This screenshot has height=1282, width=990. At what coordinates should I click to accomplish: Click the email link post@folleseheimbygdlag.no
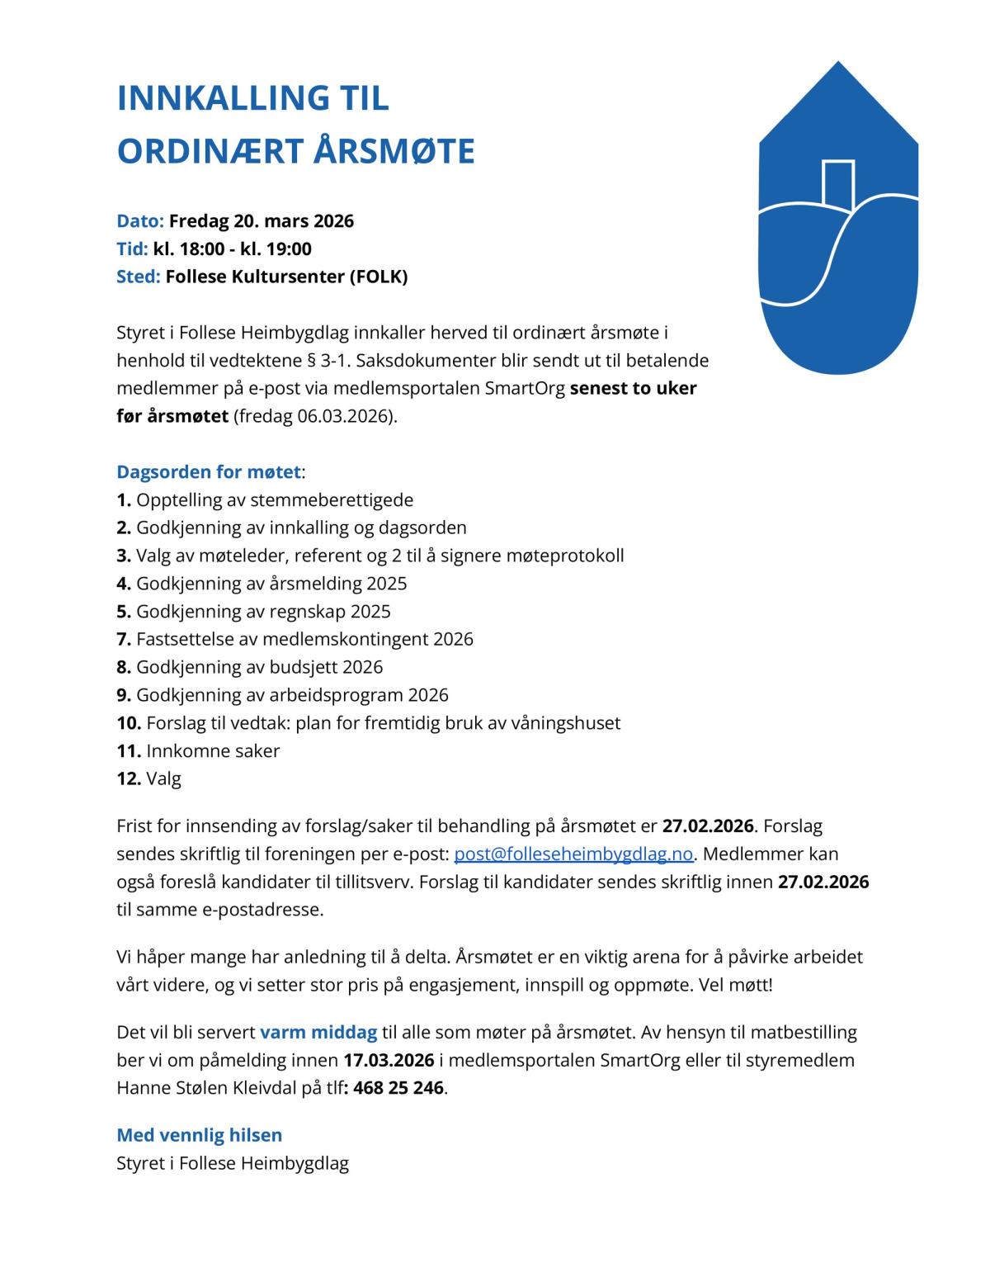tap(573, 854)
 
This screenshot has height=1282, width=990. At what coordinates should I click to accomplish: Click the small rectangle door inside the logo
tap(837, 183)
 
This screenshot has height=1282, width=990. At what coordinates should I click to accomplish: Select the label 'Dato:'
tap(140, 221)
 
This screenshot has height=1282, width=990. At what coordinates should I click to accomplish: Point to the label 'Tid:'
tap(132, 249)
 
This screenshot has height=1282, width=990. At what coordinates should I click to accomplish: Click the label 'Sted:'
tap(138, 277)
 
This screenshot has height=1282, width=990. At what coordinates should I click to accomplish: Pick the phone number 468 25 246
tap(398, 1088)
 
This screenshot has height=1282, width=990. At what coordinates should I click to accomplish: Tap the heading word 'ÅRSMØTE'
tap(394, 152)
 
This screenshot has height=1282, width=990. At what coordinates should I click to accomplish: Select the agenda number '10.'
tap(129, 723)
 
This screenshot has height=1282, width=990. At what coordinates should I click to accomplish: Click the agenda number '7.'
tap(124, 639)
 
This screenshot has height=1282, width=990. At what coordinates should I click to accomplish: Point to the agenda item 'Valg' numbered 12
tap(163, 778)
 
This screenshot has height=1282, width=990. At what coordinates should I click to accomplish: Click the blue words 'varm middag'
tap(318, 1032)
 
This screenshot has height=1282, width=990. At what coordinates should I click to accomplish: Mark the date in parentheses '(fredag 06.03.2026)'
tap(315, 416)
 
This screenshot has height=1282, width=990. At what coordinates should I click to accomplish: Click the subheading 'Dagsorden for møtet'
tap(208, 472)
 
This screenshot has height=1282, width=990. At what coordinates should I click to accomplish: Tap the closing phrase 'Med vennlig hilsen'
tap(199, 1135)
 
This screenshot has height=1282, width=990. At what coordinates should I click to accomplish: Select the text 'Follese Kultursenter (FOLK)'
tap(286, 277)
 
